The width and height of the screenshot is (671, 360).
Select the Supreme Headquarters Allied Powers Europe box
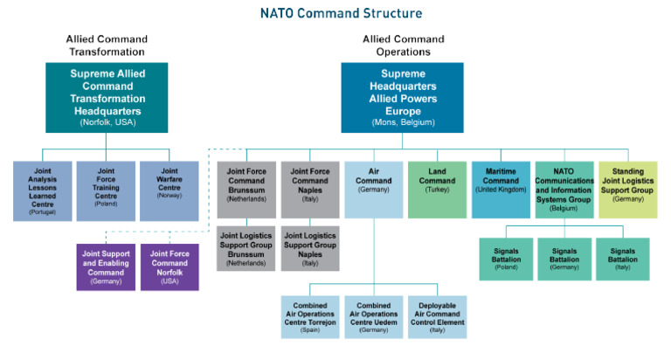pos(402,96)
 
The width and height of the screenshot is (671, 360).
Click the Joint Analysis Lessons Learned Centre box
pos(42,190)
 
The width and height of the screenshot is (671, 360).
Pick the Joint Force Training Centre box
pos(106,190)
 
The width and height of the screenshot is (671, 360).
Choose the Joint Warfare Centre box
pos(169,190)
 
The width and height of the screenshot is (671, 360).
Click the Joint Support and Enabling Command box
pos(106,266)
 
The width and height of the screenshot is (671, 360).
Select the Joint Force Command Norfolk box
pos(169,266)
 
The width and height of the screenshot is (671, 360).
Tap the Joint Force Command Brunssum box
pos(246,189)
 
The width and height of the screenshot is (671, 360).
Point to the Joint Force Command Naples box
pos(310,189)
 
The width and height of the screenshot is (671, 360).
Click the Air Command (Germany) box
pos(374,189)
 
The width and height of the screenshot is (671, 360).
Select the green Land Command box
pos(437,189)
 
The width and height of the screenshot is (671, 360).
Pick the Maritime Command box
pos(501,189)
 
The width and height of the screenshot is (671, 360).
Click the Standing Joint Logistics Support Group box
pos(627,189)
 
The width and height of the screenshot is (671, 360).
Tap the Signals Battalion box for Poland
pos(508,259)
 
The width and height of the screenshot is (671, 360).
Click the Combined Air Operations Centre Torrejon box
pos(310,316)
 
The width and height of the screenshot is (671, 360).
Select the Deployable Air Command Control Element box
pos(437,316)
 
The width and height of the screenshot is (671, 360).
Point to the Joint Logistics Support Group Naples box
pos(310,248)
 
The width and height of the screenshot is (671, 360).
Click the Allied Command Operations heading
pos(403,45)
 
